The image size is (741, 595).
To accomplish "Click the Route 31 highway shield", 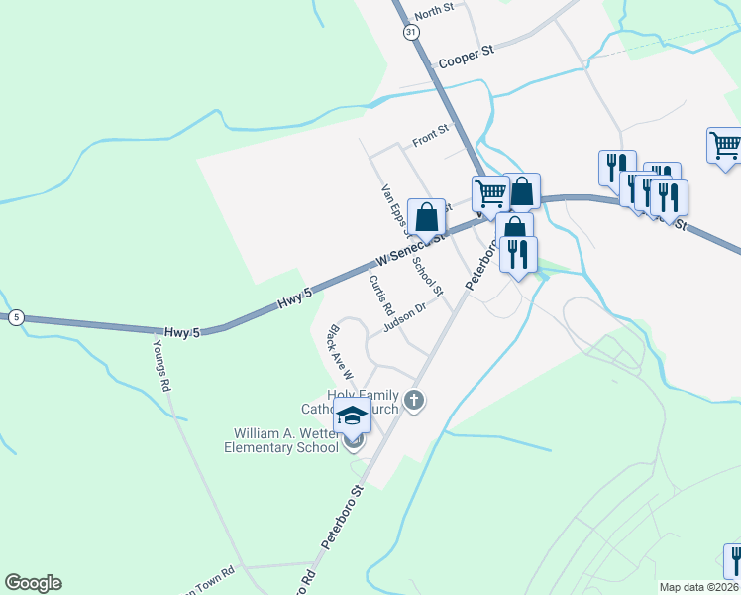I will click(x=411, y=33).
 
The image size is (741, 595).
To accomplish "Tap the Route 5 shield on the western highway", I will click(x=16, y=317).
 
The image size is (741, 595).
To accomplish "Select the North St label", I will click(x=434, y=12).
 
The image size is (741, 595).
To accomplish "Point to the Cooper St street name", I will click(x=466, y=59).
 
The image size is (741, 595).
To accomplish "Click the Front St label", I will click(x=431, y=136).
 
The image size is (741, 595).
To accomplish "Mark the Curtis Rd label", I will click(x=381, y=293).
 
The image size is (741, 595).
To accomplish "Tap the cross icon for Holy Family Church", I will click(x=414, y=401).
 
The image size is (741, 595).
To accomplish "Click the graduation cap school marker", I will click(x=352, y=416).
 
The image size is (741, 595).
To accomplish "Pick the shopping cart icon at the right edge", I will click(x=725, y=146).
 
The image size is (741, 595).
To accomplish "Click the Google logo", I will click(x=33, y=583).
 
